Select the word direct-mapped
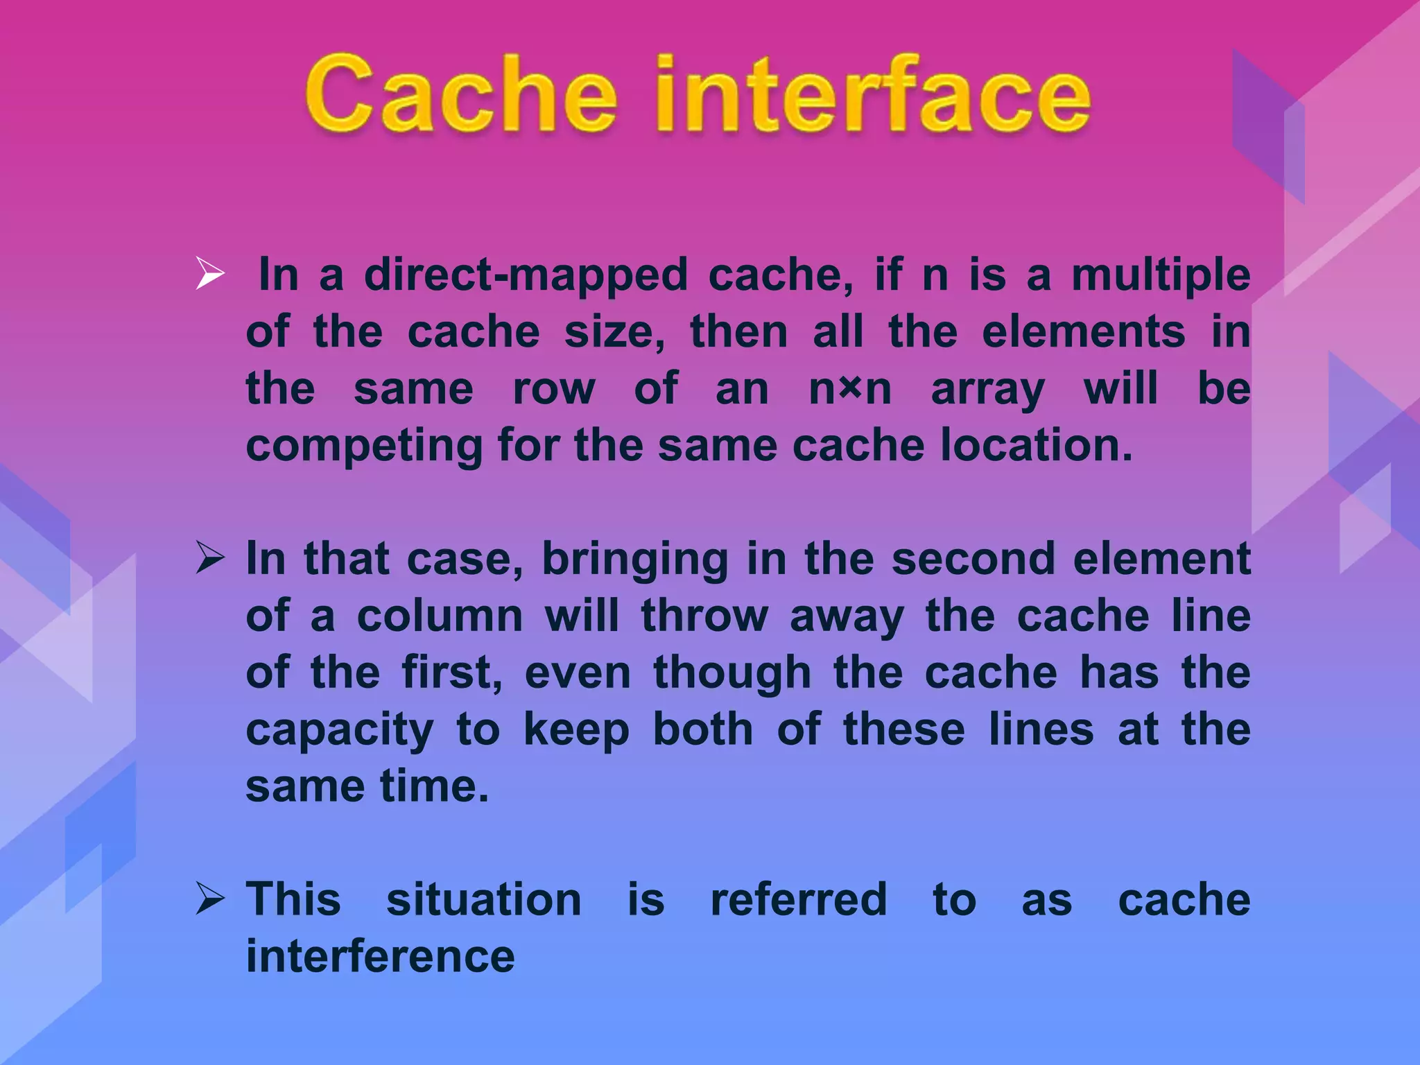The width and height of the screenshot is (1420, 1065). [526, 275]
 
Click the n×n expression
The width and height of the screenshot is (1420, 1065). [850, 389]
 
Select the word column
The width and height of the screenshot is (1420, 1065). [440, 616]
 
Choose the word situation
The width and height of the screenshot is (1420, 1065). [483, 900]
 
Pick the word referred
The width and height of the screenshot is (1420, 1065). [799, 900]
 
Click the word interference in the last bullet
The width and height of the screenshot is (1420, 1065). [380, 957]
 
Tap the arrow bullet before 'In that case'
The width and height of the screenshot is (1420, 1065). [210, 558]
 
